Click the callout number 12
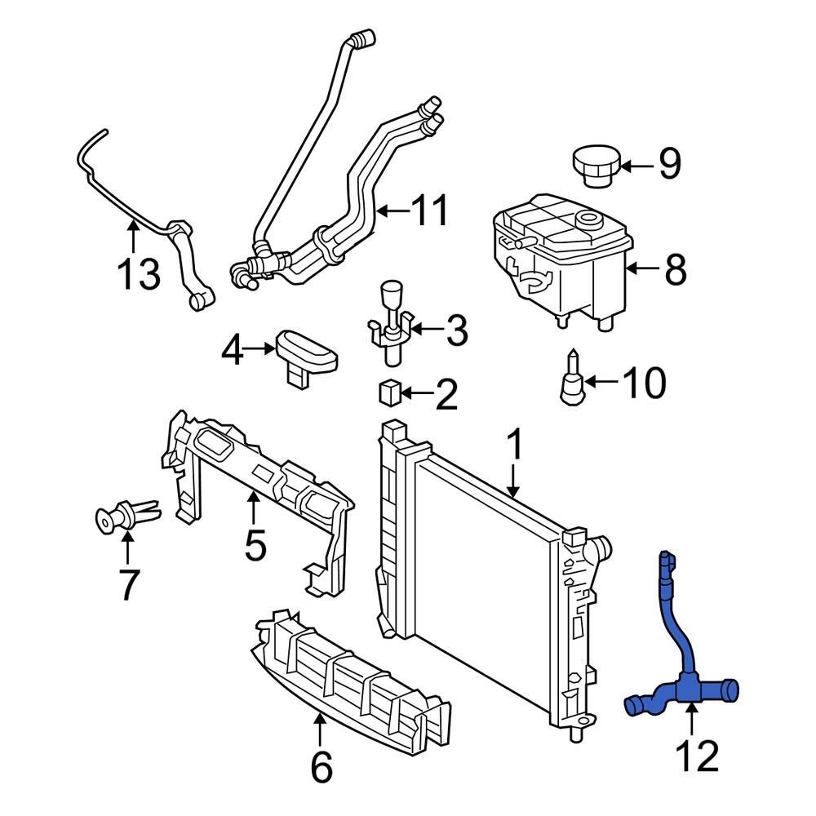point(698,757)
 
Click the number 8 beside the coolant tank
point(675,269)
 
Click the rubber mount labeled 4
point(307,353)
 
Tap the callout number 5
point(255,545)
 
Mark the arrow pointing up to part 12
point(692,721)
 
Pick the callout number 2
point(446,396)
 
